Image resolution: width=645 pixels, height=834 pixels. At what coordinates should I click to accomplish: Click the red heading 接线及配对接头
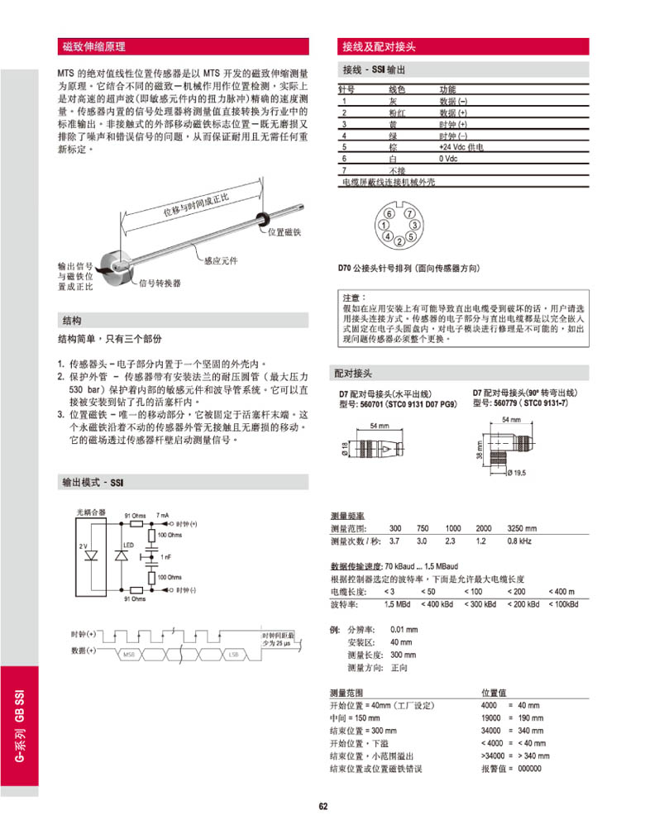[379, 46]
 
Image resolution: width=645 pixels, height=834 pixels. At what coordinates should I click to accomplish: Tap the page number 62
[323, 807]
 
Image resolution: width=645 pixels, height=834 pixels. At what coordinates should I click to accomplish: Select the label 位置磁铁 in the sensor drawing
[284, 232]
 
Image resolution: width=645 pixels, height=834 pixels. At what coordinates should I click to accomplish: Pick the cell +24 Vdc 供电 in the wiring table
[461, 146]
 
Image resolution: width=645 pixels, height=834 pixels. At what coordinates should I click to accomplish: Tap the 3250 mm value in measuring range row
[521, 528]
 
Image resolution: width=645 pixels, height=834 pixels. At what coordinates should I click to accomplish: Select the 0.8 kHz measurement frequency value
[518, 541]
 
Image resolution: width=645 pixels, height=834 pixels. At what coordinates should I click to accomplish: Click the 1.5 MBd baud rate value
[397, 604]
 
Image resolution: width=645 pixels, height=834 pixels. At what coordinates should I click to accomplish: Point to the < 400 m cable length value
[561, 592]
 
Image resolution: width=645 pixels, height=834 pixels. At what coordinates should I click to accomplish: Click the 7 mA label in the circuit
[163, 515]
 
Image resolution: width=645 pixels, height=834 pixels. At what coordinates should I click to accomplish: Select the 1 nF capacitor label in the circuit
[166, 556]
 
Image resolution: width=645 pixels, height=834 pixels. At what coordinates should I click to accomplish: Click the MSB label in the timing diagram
[128, 655]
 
